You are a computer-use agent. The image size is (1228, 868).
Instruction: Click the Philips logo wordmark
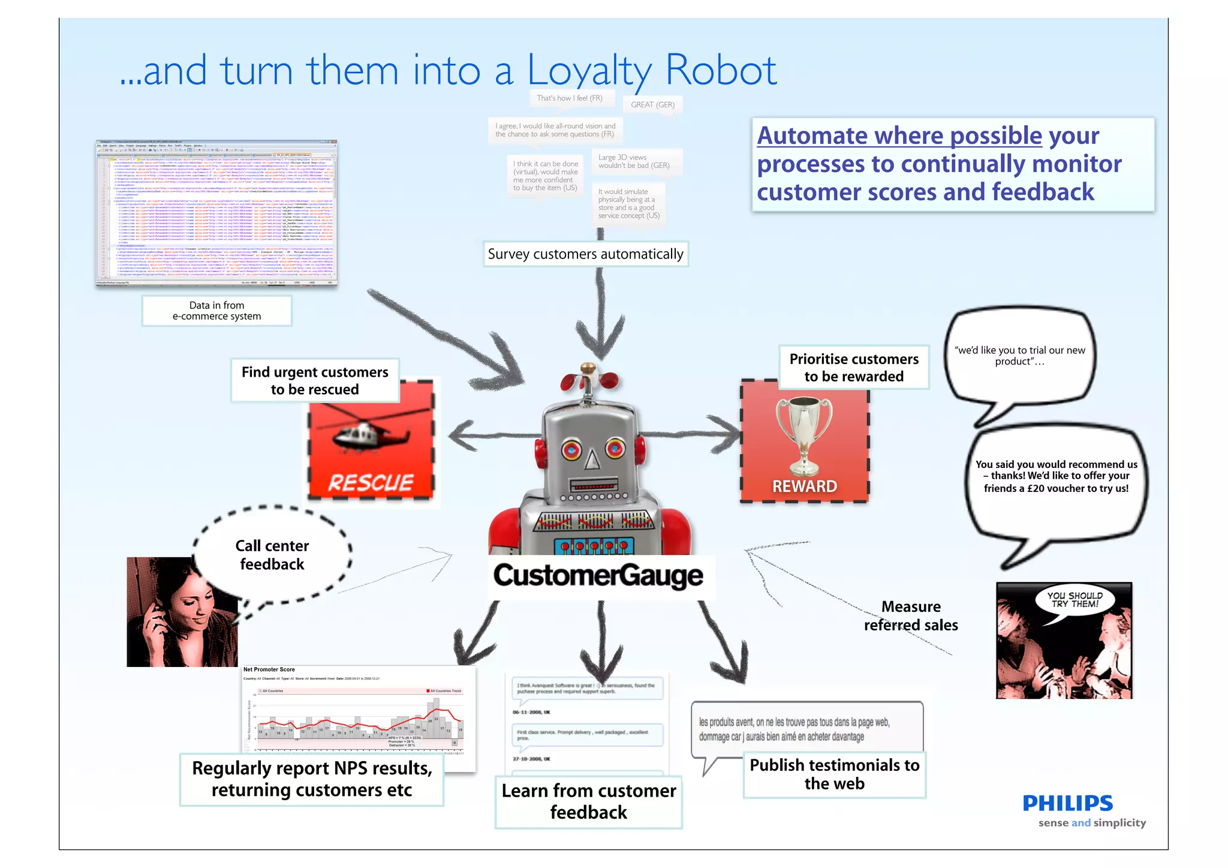pyautogui.click(x=1067, y=803)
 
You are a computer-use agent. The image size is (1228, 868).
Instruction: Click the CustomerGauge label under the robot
pyautogui.click(x=598, y=575)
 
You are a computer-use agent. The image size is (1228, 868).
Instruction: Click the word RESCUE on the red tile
pyautogui.click(x=371, y=482)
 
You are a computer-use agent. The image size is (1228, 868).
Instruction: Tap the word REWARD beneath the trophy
pyautogui.click(x=804, y=486)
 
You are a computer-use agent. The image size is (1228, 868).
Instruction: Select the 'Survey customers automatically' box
pyautogui.click(x=585, y=254)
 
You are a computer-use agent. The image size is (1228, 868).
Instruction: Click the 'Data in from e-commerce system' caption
pyautogui.click(x=216, y=311)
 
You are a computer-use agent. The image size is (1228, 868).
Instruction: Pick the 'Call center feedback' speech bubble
pyautogui.click(x=272, y=555)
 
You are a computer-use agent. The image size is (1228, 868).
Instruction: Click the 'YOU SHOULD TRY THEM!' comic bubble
pyautogui.click(x=1074, y=600)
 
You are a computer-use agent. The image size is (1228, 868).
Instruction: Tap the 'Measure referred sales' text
pyautogui.click(x=911, y=616)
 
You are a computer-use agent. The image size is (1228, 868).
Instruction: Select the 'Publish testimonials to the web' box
pyautogui.click(x=834, y=774)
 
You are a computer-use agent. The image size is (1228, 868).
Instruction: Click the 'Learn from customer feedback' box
pyautogui.click(x=589, y=801)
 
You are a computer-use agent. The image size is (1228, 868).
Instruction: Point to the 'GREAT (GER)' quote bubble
pyautogui.click(x=652, y=104)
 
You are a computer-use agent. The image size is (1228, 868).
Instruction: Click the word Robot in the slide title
pyautogui.click(x=721, y=71)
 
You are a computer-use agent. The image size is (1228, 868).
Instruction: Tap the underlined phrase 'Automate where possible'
pyautogui.click(x=899, y=136)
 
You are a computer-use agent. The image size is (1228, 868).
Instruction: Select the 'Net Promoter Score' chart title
pyautogui.click(x=269, y=669)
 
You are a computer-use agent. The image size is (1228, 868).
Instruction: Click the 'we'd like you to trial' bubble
pyautogui.click(x=1019, y=356)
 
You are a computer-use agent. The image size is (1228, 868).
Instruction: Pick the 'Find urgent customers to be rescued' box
pyautogui.click(x=315, y=380)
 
